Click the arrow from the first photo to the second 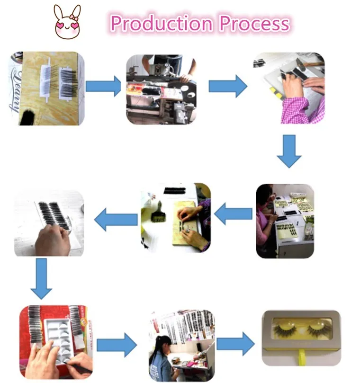tap(103, 87)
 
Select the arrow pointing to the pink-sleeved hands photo tap(228, 86)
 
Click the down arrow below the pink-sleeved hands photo tap(289, 151)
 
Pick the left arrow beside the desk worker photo tap(233, 215)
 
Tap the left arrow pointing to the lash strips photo tap(116, 219)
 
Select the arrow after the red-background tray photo tap(116, 344)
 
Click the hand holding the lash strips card tap(53, 240)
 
